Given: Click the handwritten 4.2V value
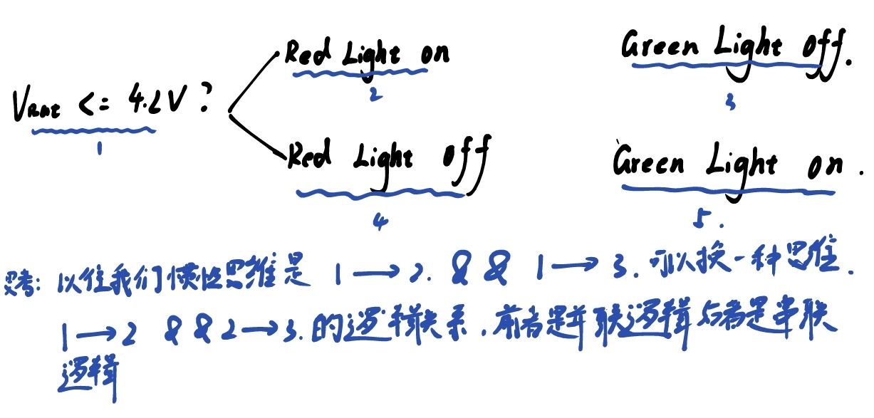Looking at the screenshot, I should pyautogui.click(x=156, y=104).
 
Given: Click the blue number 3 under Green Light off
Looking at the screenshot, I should pyautogui.click(x=728, y=103).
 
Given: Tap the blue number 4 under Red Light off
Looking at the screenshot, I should pyautogui.click(x=379, y=220).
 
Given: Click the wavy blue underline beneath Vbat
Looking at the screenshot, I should pyautogui.click(x=93, y=130).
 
